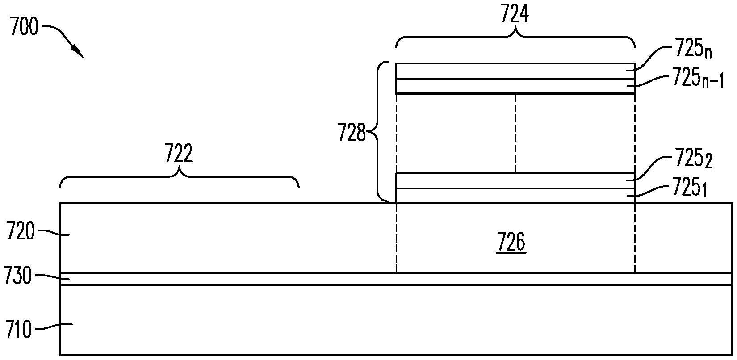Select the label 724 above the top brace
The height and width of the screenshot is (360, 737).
pyautogui.click(x=515, y=14)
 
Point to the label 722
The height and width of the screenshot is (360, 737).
pyautogui.click(x=179, y=154)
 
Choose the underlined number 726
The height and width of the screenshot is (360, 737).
pyautogui.click(x=512, y=243)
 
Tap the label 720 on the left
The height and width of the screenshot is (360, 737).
pyautogui.click(x=21, y=232)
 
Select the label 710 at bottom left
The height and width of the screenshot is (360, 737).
pyautogui.click(x=19, y=331)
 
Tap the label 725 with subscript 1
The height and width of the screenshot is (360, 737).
pyautogui.click(x=690, y=189)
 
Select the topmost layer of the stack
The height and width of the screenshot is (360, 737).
pyautogui.click(x=515, y=71)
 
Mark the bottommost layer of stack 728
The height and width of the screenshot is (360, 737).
pyautogui.click(x=515, y=196)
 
